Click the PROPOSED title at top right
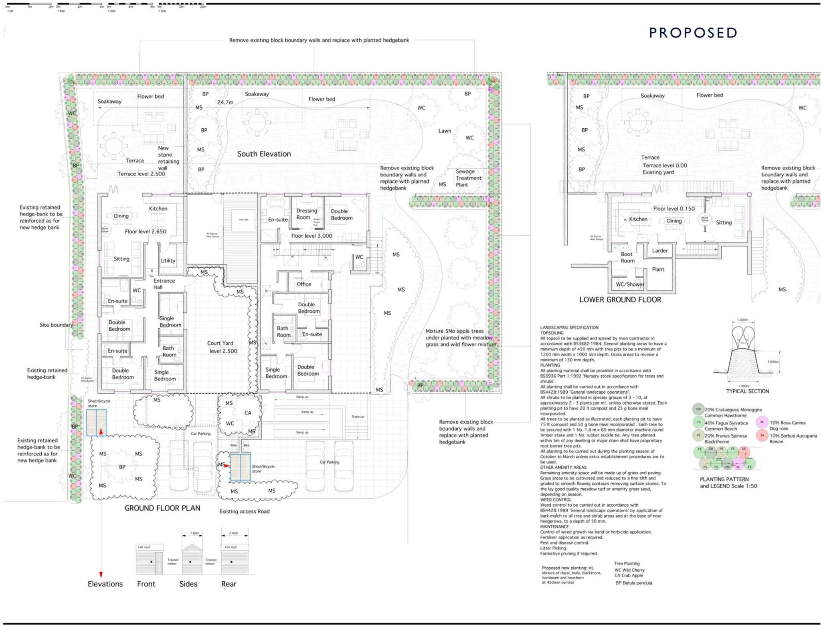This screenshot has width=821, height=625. coord(693,33)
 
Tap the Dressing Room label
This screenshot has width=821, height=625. coord(306,214)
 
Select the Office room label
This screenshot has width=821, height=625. coord(304,284)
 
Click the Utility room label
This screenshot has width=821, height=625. coord(168,261)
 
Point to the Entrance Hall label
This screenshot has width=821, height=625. coord(164,284)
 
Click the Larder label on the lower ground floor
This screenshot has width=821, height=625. coord(659,251)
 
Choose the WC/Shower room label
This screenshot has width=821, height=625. coord(630,284)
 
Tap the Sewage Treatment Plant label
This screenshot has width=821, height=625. coord(468,178)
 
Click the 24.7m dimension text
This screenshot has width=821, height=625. coord(225,103)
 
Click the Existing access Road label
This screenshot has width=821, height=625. coord(244,512)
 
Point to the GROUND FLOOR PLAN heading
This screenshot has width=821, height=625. coord(162,508)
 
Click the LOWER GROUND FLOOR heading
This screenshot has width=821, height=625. coord(620,300)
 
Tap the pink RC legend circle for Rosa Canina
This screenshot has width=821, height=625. coord(762,422)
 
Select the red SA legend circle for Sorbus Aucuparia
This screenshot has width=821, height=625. coord(762,435)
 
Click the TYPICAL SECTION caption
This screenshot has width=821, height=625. coord(747,391)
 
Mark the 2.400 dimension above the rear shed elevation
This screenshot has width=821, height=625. coord(233,533)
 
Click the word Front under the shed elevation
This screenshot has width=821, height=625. coord(146,584)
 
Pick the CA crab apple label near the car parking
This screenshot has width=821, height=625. coord(248,413)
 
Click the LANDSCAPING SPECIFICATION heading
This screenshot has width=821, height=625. coord(569,328)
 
